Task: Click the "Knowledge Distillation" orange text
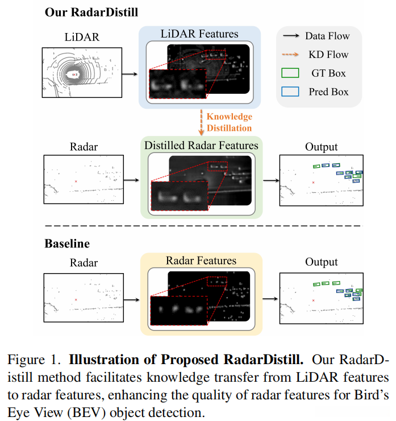tap(229, 122)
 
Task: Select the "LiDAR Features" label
tap(199, 35)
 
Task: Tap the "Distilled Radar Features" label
tap(201, 146)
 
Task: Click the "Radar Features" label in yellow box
tap(201, 261)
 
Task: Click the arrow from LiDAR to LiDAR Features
tap(130, 74)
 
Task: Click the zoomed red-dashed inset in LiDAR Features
tap(177, 84)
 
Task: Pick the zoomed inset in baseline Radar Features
tap(177, 310)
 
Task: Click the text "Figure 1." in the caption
tap(32, 360)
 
